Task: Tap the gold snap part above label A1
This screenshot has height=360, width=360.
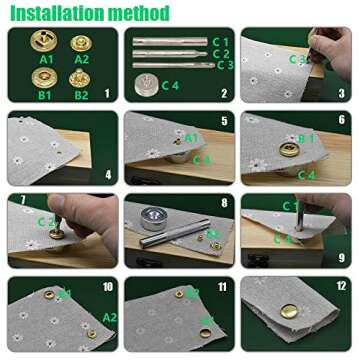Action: tap(44, 44)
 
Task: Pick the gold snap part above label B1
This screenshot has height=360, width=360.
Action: tap(44, 78)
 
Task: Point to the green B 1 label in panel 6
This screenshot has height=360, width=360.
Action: tap(306, 138)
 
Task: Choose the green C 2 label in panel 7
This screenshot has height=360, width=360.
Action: tap(45, 222)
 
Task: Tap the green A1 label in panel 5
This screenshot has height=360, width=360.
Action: tap(191, 137)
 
